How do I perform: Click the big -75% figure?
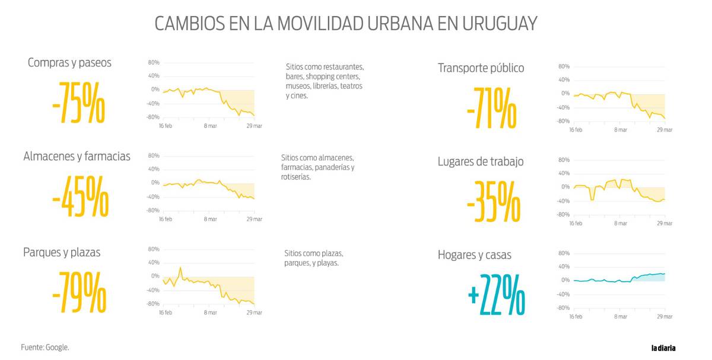tap(78, 106)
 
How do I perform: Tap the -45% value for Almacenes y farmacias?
tap(80, 196)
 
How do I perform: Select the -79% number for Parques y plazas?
tap(79, 292)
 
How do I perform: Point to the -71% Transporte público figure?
tap(491, 108)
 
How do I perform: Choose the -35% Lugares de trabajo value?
tap(493, 201)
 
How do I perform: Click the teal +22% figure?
tap(496, 294)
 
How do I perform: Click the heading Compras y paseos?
tap(69, 62)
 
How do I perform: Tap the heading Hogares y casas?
tap(474, 255)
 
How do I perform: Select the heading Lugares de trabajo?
tap(481, 161)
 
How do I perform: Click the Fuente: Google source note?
tap(45, 347)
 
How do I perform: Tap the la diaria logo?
tap(663, 348)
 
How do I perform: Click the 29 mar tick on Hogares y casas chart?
tap(665, 317)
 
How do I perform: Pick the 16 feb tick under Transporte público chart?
tap(576, 129)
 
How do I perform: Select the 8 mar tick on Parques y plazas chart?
tap(210, 313)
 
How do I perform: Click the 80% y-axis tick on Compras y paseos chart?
tap(154, 62)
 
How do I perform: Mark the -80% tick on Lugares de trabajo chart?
tap(563, 214)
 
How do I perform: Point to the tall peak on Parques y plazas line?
tap(180, 267)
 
